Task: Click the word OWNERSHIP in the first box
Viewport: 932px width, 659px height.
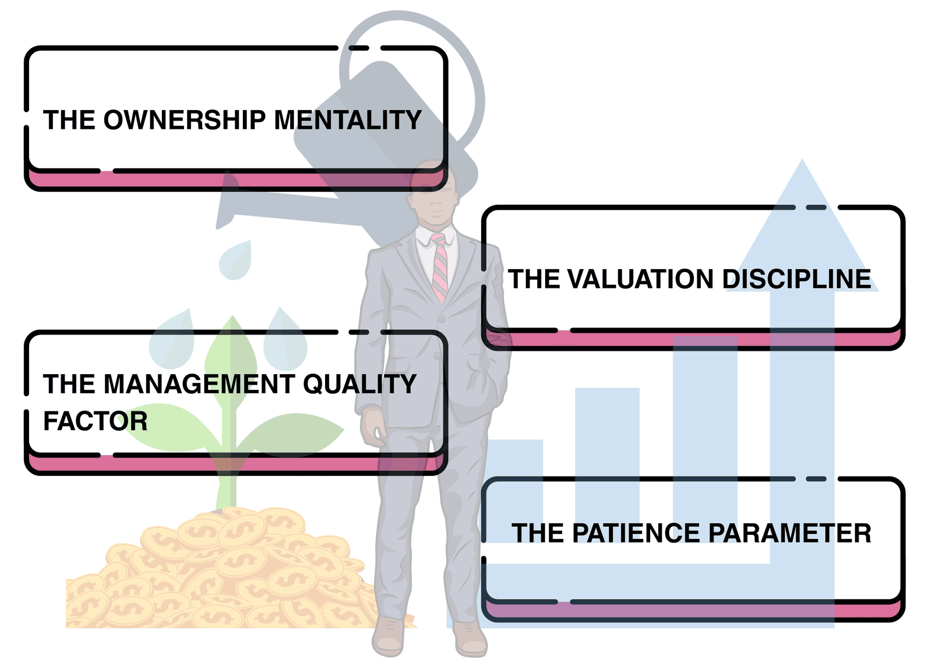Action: pos(184,120)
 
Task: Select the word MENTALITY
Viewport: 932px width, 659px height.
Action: pos(348,120)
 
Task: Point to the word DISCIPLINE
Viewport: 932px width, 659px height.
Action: pos(796,279)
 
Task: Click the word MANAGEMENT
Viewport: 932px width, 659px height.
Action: pos(199,384)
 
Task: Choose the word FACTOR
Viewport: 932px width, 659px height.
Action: pos(96,421)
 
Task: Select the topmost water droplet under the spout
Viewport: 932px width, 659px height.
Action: pos(236,260)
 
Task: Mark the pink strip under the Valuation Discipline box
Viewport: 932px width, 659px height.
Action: pos(693,339)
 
